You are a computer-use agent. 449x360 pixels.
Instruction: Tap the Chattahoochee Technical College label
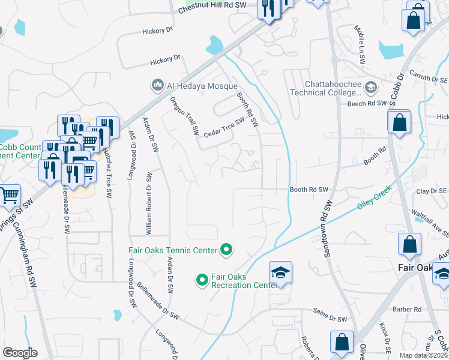pos(324,88)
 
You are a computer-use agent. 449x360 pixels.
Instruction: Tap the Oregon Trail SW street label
pos(184,114)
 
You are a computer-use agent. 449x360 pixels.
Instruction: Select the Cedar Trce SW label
pos(224,127)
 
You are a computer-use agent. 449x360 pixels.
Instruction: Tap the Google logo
pos(20,352)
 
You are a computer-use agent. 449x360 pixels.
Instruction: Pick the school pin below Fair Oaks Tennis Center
pos(280,273)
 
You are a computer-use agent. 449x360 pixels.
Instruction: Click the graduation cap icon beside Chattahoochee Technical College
pos(370,88)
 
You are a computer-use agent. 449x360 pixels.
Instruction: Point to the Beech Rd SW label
pos(368,103)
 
